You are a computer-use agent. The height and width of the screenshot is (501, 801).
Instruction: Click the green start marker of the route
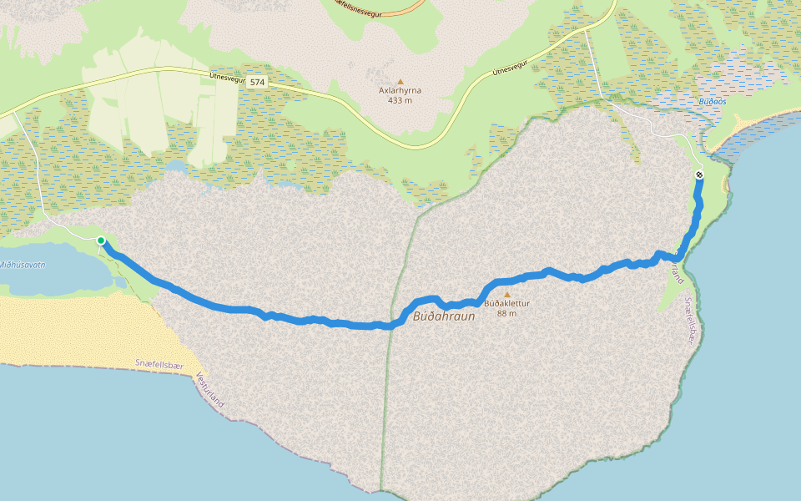(x=101, y=240)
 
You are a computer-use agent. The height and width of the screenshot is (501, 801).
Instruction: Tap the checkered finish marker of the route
(x=698, y=175)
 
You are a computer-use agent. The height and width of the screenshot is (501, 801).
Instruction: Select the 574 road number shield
(x=256, y=82)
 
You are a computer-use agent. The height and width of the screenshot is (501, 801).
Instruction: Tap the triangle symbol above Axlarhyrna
(x=400, y=82)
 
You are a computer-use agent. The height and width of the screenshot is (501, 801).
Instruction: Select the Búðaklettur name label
(x=506, y=304)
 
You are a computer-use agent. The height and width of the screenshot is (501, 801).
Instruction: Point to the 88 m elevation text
(x=506, y=314)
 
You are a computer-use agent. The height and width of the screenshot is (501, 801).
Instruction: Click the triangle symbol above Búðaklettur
(x=506, y=295)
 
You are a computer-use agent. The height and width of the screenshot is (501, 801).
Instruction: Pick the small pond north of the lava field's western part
(x=174, y=166)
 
